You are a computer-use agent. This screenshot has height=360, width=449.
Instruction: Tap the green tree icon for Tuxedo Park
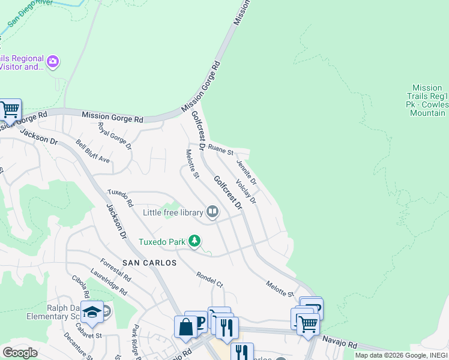click(x=194, y=241)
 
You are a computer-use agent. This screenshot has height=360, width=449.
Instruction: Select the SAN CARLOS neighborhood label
click(x=149, y=263)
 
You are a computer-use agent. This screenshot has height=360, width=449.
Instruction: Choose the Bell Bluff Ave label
click(x=93, y=152)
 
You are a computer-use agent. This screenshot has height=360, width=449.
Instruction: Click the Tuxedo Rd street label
click(x=120, y=200)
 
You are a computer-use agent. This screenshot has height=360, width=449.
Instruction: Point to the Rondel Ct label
click(x=209, y=279)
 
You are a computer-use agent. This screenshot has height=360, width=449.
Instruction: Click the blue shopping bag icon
click(x=185, y=327)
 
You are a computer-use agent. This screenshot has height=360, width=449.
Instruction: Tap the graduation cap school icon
click(x=92, y=312)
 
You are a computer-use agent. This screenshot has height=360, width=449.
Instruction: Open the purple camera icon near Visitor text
click(x=53, y=62)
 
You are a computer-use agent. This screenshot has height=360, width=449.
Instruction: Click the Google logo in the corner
click(x=19, y=353)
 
